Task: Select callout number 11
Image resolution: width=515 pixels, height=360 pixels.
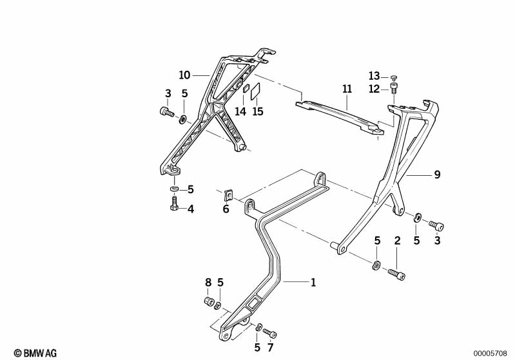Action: [347, 88]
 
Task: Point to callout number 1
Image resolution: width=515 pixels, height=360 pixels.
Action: [313, 281]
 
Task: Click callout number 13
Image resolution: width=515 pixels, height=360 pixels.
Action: [374, 76]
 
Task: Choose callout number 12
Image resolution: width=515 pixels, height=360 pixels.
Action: [374, 89]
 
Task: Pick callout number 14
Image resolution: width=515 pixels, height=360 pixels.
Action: [240, 111]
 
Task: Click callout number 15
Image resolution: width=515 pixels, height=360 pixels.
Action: [258, 111]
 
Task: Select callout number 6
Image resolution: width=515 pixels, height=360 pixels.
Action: [226, 209]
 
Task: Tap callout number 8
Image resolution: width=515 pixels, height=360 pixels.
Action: [208, 282]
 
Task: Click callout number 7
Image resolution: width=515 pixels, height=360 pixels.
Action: [270, 348]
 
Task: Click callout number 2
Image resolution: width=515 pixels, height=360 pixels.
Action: [397, 240]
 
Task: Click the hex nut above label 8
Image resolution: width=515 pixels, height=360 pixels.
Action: [208, 301]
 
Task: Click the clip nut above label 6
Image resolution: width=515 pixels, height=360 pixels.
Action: [228, 194]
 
